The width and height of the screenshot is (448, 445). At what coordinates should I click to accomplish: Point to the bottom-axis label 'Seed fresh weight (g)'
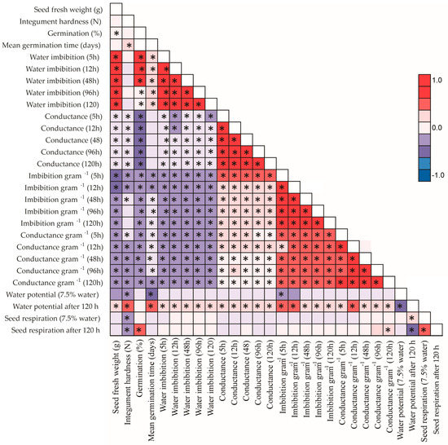tap(116, 383)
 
